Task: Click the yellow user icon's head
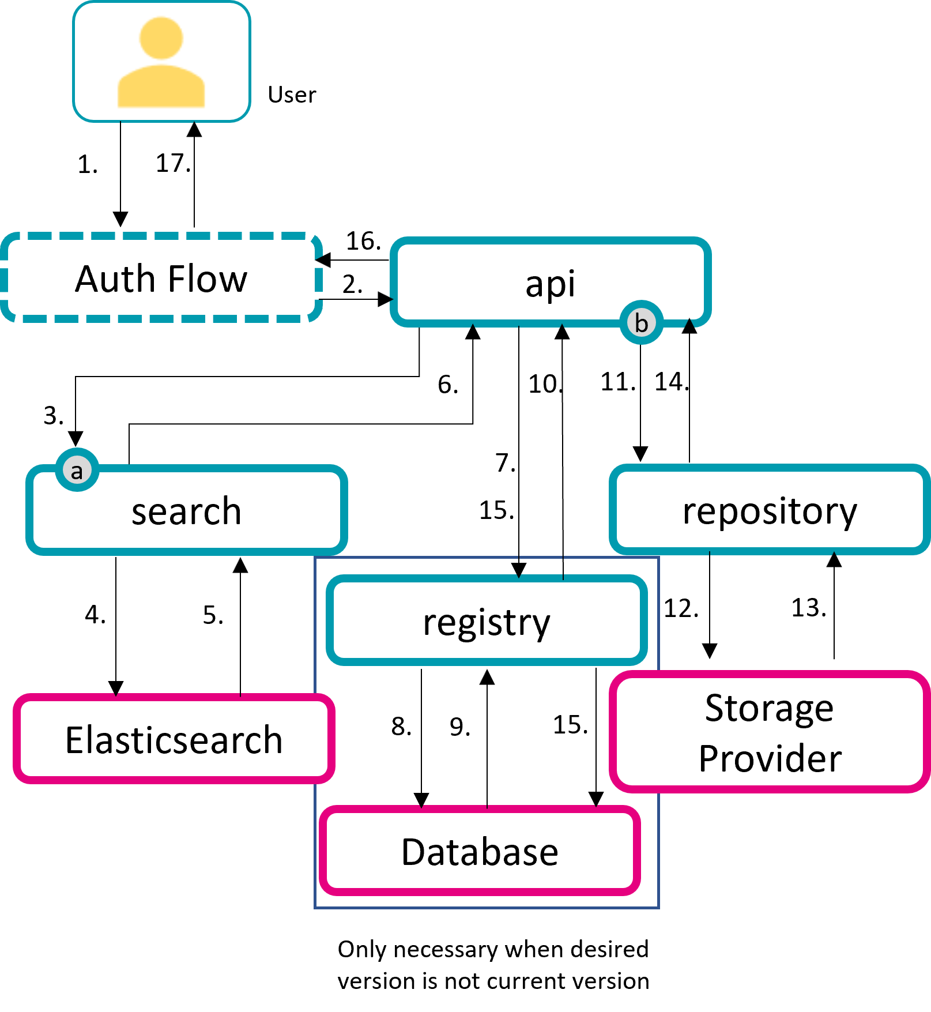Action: click(161, 38)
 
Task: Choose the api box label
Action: click(550, 284)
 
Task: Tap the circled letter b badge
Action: click(641, 323)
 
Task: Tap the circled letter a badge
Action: click(77, 471)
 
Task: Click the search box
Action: click(186, 511)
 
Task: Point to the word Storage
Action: click(769, 708)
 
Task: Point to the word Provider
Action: click(770, 758)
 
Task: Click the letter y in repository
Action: click(848, 514)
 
